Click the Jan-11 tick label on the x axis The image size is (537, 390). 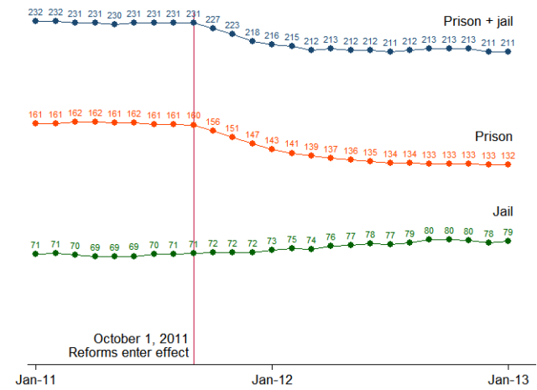(36, 380)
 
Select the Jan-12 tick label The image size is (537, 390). (272, 380)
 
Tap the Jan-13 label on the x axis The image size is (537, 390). (508, 380)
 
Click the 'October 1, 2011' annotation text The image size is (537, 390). (141, 339)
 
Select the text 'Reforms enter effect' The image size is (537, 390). (128, 353)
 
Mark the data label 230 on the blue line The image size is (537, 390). (115, 14)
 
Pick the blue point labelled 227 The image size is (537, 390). (213, 29)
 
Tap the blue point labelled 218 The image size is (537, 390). (253, 40)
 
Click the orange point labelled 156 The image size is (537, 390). (213, 131)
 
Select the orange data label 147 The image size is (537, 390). (253, 134)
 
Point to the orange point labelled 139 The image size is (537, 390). (311, 156)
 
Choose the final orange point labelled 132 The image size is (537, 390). (508, 165)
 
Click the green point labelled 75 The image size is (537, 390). (292, 248)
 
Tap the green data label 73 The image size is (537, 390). (272, 241)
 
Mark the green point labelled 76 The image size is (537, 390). (331, 246)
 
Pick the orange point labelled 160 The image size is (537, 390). (194, 126)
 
